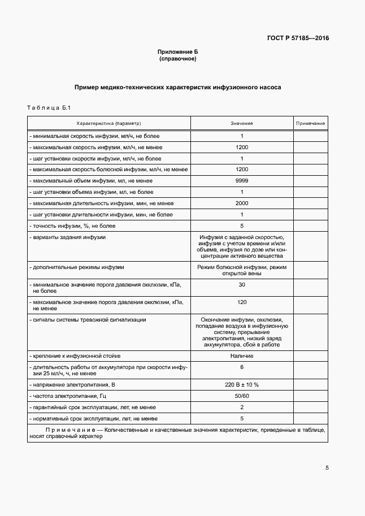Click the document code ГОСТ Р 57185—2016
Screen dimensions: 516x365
298,38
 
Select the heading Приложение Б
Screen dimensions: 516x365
177,52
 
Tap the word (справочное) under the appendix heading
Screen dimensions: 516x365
177,59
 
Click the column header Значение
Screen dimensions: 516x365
241,123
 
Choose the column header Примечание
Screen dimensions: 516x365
310,123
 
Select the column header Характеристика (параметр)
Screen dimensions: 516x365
108,123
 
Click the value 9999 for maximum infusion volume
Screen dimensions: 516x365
241,181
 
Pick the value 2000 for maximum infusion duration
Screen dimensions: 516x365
241,203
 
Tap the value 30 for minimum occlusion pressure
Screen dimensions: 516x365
241,284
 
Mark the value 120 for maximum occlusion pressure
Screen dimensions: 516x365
241,302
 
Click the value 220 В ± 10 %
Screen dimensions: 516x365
241,385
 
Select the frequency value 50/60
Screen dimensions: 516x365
241,396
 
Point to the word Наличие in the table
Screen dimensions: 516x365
241,356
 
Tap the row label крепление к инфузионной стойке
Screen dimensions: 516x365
77,356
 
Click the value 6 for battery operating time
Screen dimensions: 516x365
241,367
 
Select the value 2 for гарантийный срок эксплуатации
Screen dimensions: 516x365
241,407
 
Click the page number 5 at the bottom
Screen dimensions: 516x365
327,468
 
